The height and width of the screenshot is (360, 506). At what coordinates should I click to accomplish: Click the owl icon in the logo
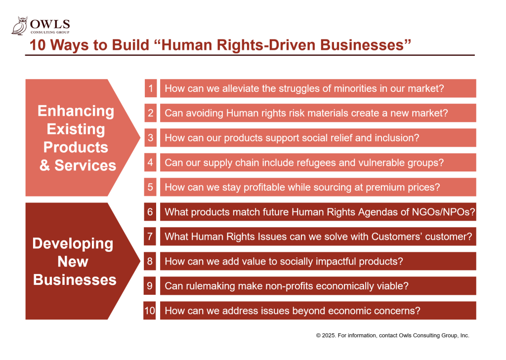tap(19, 26)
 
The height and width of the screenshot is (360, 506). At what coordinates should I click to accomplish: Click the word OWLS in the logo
tap(50, 24)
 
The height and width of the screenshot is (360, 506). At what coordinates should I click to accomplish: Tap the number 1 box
tap(151, 88)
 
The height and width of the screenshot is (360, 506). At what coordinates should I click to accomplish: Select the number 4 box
tap(150, 162)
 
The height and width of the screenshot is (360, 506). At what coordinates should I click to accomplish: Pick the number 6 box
tap(150, 212)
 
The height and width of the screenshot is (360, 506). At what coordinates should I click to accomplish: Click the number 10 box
tap(150, 311)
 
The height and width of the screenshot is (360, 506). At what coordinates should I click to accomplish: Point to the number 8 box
tap(150, 261)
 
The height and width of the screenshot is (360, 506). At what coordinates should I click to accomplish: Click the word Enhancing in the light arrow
tap(76, 111)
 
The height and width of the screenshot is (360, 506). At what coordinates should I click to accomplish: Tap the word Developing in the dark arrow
tap(73, 244)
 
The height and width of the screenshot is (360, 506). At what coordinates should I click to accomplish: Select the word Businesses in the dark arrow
tap(75, 280)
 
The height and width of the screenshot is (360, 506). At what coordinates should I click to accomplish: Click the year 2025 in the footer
tap(329, 335)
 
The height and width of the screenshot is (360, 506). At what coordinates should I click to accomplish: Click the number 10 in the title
tap(38, 45)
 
